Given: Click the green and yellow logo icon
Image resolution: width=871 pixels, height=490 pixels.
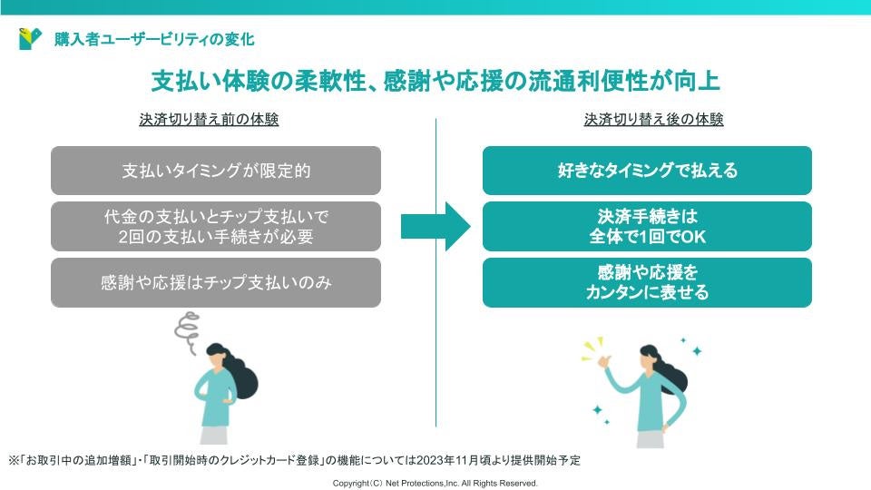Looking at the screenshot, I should (x=30, y=39).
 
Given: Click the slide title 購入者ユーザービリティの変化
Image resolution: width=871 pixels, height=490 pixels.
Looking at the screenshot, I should (x=154, y=39).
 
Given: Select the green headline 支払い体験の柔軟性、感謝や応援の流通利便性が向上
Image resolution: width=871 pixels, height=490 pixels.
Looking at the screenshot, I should (x=435, y=82).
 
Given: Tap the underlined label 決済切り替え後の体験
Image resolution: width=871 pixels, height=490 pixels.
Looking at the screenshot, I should (x=653, y=120).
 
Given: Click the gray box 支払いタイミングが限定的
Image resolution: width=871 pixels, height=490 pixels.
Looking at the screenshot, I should (x=216, y=171).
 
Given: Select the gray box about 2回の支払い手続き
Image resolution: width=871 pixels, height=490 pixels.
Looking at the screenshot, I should (x=216, y=226).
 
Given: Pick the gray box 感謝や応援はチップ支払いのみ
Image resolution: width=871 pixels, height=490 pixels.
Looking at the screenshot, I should (x=216, y=282).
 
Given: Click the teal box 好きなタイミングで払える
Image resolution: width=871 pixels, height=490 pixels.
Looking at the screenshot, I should (x=647, y=171).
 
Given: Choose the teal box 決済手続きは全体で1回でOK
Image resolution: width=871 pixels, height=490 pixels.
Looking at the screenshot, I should (x=647, y=226).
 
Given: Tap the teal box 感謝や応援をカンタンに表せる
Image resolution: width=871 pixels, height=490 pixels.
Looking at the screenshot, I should (x=647, y=282).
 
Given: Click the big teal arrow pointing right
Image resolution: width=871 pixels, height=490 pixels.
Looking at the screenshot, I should (x=435, y=226).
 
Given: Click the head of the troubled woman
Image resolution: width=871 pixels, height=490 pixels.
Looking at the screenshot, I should (x=219, y=357).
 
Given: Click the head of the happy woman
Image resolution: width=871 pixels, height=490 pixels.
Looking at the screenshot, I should (x=651, y=358).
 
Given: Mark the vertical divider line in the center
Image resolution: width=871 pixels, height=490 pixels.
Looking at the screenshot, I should (x=435, y=272).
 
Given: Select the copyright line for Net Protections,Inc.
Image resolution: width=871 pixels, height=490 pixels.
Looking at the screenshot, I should (x=435, y=484).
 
